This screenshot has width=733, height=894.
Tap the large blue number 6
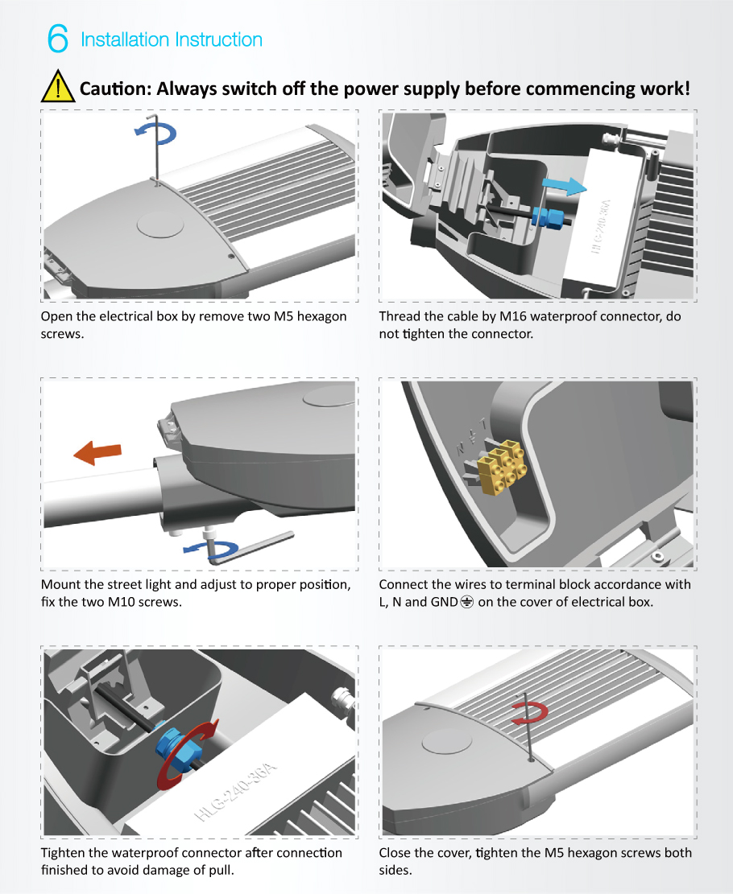tap(58, 39)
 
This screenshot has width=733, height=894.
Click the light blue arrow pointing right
tap(562, 186)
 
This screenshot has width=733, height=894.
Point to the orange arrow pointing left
tap(97, 453)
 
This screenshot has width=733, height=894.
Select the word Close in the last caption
tap(397, 853)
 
